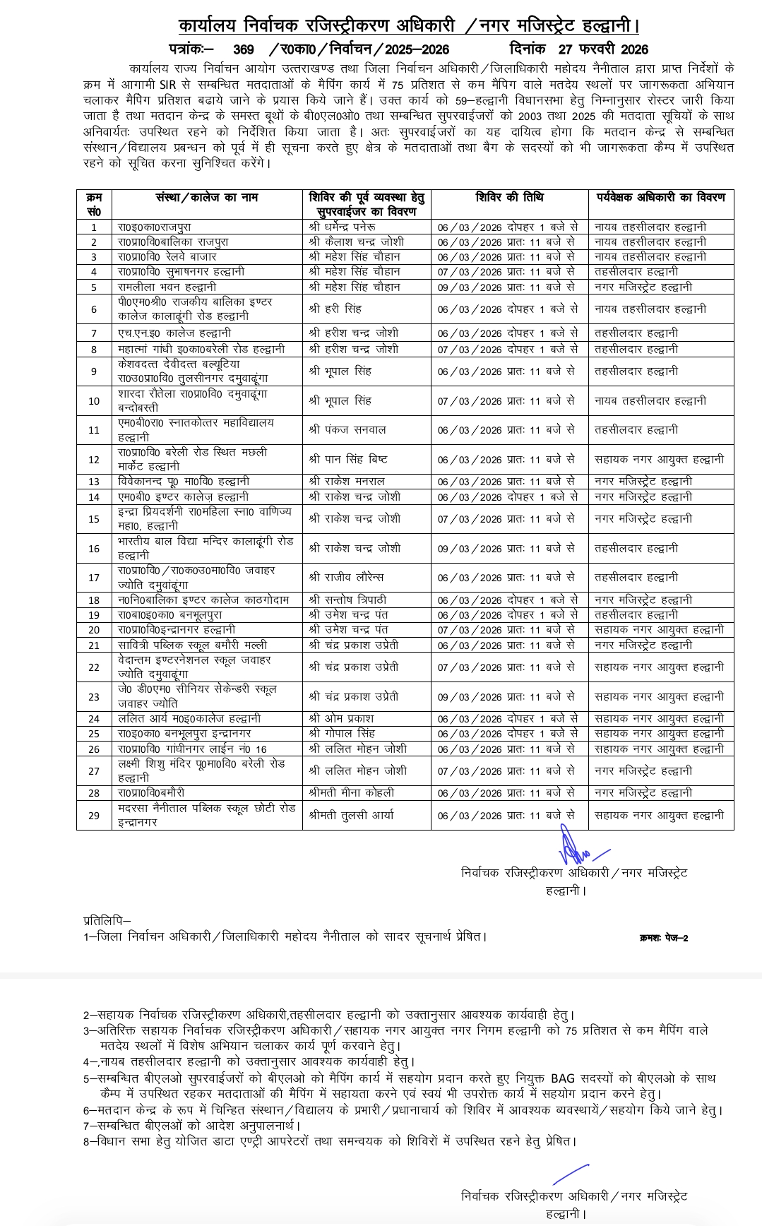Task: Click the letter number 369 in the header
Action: [243, 49]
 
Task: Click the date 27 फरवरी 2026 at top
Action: [602, 49]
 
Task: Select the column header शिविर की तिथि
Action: [509, 198]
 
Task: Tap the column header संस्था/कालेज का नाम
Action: [207, 198]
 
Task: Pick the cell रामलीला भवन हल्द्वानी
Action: [167, 287]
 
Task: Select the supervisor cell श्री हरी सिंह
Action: [335, 309]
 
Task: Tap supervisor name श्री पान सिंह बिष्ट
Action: [348, 459]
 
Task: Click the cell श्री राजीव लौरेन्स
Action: [346, 577]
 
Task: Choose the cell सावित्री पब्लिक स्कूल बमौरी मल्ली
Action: [193, 645]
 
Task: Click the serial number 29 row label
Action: [94, 816]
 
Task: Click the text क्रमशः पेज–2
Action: [663, 938]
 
